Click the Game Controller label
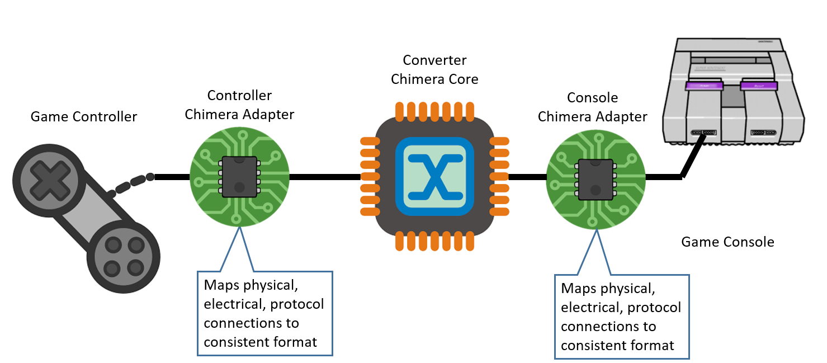83,117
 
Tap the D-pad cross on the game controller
42,178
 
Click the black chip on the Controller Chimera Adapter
239,177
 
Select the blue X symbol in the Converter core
434,177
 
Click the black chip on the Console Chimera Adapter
596,179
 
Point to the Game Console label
727,242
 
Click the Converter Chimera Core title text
434,69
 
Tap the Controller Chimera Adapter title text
239,105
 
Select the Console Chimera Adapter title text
592,107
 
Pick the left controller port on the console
704,133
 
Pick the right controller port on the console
763,133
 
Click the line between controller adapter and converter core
324,177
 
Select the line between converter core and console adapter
527,177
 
